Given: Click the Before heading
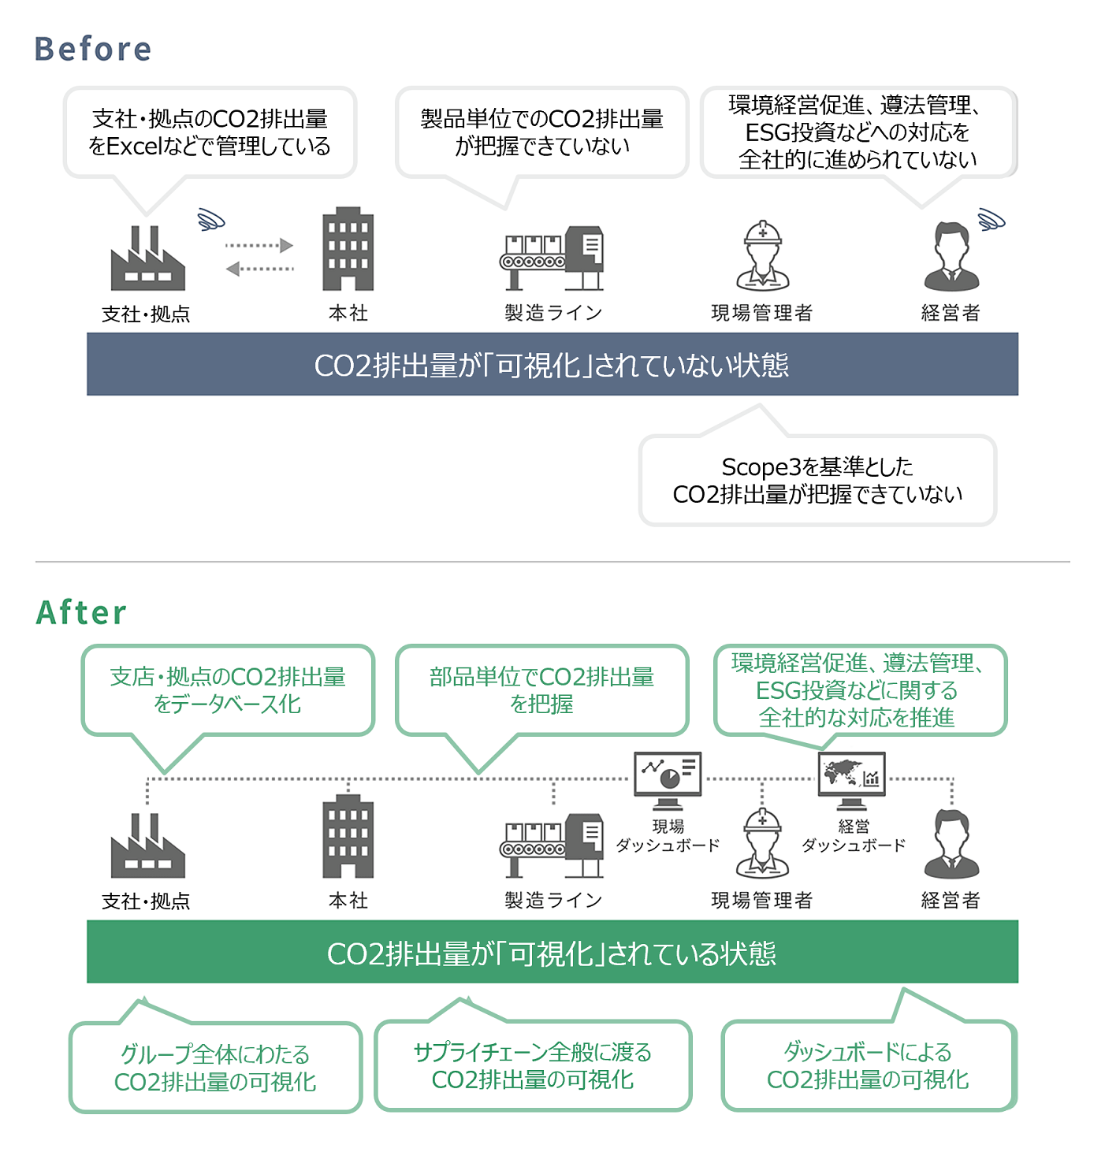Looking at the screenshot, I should (93, 49).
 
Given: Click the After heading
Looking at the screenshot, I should (81, 612).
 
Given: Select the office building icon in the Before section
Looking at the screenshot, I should (348, 250).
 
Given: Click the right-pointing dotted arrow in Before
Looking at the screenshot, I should (259, 245).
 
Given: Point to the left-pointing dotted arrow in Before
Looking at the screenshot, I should (259, 269).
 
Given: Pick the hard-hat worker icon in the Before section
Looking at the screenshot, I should (762, 256).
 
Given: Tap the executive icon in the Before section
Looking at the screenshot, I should (951, 257).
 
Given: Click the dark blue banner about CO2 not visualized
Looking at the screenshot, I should (552, 364).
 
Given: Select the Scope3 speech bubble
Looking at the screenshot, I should (817, 480).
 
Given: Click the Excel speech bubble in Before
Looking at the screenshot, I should (210, 132).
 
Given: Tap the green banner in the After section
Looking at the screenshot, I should (552, 952).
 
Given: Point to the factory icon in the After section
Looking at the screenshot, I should (147, 846).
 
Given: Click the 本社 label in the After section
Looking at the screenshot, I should (348, 900).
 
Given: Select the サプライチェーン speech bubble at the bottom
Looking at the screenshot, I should (533, 1065).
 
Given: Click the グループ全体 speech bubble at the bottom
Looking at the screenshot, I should (215, 1068).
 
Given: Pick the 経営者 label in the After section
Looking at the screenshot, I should (951, 900).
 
